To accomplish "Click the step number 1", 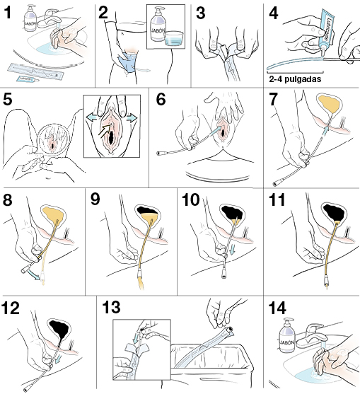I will (x=9, y=12).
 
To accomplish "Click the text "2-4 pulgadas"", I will (x=295, y=81).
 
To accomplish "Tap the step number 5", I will (x=9, y=98).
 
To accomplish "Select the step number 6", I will (x=161, y=100).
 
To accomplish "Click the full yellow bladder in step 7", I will (x=328, y=105).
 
